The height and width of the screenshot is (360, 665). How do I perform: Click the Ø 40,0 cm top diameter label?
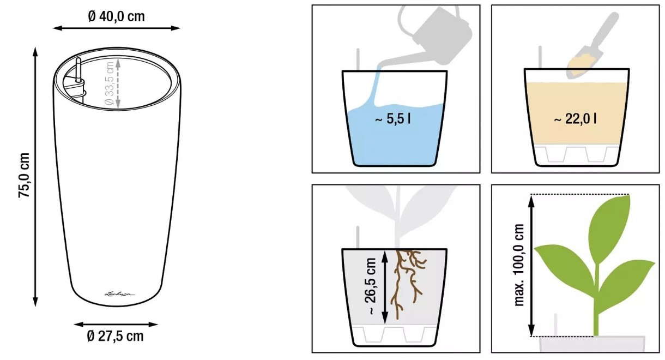coord(117,16)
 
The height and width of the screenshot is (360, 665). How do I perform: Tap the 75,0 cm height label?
coord(24,175)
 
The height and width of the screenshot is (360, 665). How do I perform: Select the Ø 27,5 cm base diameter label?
coord(115,336)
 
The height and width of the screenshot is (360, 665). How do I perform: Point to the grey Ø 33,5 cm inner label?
coord(109,83)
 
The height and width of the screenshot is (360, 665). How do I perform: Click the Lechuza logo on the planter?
coord(120,294)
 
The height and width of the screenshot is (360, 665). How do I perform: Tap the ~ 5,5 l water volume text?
coord(393,119)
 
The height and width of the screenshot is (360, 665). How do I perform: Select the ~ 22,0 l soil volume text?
coord(575,119)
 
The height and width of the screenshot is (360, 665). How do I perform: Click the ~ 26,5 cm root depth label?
coord(371,286)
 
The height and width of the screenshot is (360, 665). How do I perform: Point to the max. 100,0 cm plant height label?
coord(518,265)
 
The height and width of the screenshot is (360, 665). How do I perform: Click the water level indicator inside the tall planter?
coord(78,70)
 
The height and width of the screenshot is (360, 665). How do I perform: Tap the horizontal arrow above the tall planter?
coord(117,28)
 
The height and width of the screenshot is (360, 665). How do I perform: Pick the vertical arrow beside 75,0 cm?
coord(35,177)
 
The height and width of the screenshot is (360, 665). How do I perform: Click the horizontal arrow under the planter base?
coord(116,325)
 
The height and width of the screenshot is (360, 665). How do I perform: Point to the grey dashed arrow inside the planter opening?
coord(118,83)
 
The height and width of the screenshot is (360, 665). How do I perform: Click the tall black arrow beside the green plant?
coord(531,266)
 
